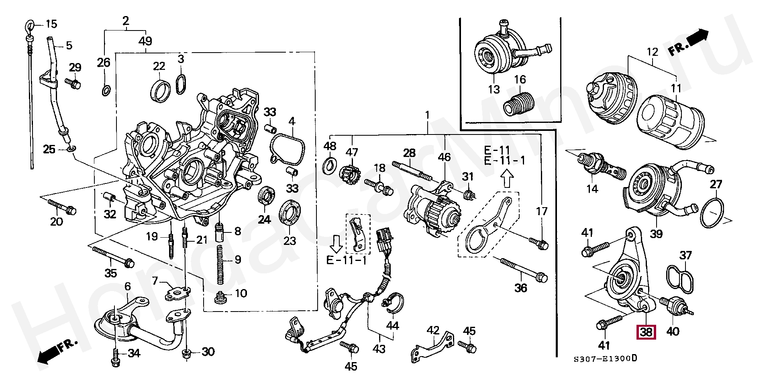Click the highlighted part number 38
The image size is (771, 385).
click(x=646, y=332)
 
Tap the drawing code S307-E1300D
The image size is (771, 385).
click(x=605, y=358)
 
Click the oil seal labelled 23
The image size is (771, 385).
click(x=290, y=217)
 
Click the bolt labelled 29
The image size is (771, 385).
click(x=73, y=83)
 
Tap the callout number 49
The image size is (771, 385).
click(x=145, y=41)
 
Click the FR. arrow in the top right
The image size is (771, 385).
click(x=688, y=41)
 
